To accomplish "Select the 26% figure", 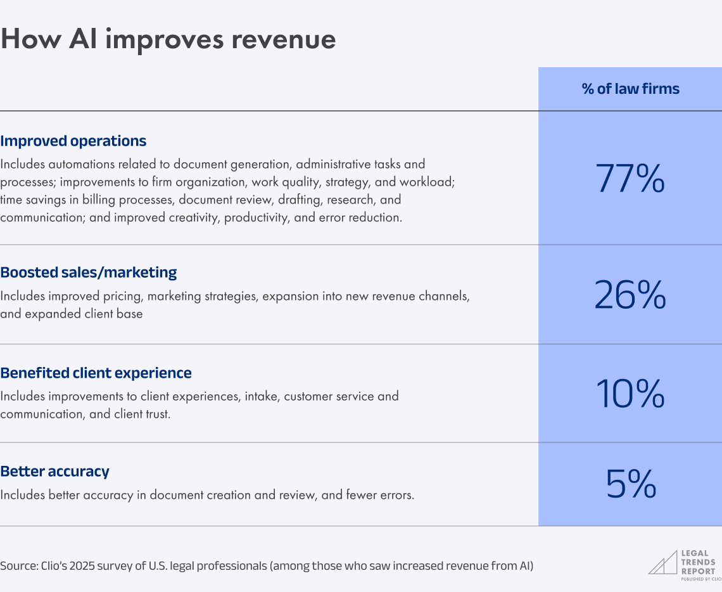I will [630, 295].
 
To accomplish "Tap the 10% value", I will [630, 394].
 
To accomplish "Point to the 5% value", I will [630, 484].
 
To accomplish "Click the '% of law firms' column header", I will [630, 89].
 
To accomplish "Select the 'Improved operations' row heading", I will [73, 141].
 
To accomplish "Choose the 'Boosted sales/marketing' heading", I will [89, 273].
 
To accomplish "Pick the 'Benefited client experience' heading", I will [96, 373].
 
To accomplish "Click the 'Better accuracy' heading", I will [55, 472].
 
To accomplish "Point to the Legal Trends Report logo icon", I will [662, 562].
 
